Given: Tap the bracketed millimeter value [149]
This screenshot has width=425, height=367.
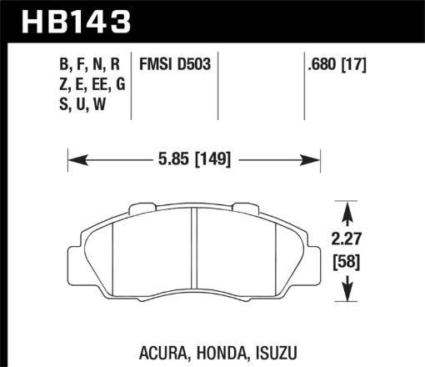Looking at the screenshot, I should tap(212, 158).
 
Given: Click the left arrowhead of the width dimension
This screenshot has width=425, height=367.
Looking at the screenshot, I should tap(72, 158).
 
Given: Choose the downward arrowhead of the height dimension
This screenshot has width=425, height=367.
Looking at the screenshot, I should tap(346, 296).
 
